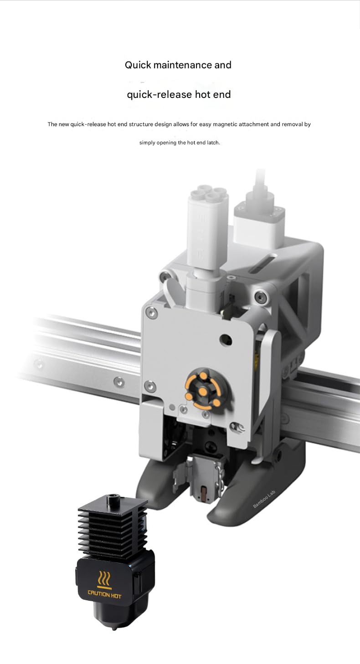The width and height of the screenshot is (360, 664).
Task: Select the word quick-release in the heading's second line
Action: click(159, 95)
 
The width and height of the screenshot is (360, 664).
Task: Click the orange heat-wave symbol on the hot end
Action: click(104, 579)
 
